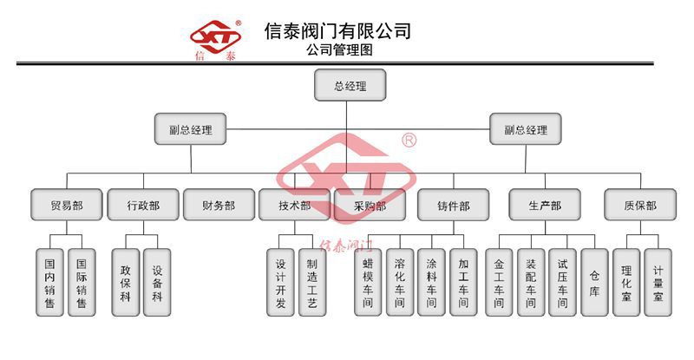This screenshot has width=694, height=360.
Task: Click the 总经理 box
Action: click(350, 86)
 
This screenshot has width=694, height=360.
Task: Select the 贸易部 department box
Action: click(67, 206)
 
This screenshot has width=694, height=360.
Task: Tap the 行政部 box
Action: click(143, 206)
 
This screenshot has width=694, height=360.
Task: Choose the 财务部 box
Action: click(219, 206)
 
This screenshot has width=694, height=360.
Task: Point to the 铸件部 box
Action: click(453, 206)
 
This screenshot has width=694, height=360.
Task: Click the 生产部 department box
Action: click(544, 206)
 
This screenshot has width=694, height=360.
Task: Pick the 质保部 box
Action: click(639, 206)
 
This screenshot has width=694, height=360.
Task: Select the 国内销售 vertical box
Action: click(50, 282)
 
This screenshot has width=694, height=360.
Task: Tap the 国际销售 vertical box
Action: click(82, 282)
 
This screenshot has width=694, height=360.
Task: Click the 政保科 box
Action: click(126, 282)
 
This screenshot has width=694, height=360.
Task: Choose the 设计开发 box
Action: click(281, 282)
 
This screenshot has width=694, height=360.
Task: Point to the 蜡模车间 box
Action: click(368, 282)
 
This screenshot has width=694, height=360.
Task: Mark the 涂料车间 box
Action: click(431, 282)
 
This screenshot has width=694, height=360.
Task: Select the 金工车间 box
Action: click(499, 282)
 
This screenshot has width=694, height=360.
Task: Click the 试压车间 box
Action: click(562, 282)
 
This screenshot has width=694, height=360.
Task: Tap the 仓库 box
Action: click(594, 282)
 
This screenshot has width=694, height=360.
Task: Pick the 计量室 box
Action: click(658, 282)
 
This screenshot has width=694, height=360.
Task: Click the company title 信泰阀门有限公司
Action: click(337, 31)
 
